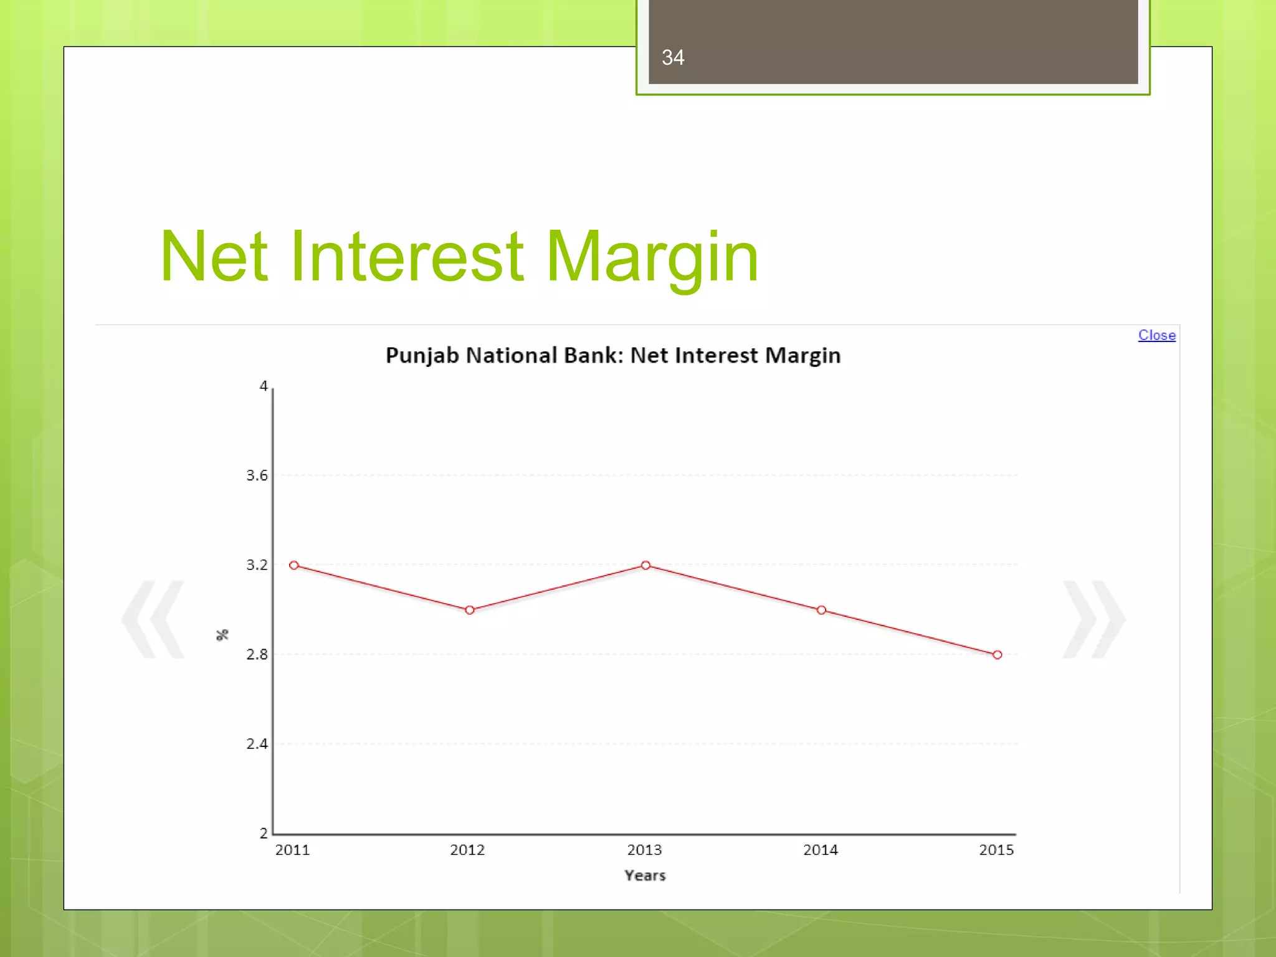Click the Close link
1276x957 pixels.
pyautogui.click(x=1156, y=335)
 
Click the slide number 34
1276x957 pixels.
pyautogui.click(x=673, y=58)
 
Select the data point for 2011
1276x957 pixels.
pyautogui.click(x=294, y=565)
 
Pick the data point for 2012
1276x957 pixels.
pyautogui.click(x=470, y=610)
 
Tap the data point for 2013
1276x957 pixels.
pyautogui.click(x=645, y=565)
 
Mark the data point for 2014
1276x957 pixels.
pyautogui.click(x=821, y=610)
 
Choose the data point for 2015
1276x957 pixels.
pyautogui.click(x=997, y=655)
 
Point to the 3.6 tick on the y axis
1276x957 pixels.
pyautogui.click(x=257, y=476)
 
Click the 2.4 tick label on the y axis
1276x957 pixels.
pyautogui.click(x=257, y=744)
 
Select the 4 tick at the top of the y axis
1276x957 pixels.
pyautogui.click(x=264, y=386)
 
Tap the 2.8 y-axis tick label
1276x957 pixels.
pyautogui.click(x=257, y=655)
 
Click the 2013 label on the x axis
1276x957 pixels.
pyautogui.click(x=644, y=850)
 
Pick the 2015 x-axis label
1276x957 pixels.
pyautogui.click(x=996, y=850)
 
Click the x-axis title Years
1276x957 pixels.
pyautogui.click(x=645, y=875)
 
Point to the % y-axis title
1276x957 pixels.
pyautogui.click(x=222, y=635)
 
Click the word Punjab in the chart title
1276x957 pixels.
pyautogui.click(x=422, y=356)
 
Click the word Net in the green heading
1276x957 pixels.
pyautogui.click(x=214, y=256)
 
